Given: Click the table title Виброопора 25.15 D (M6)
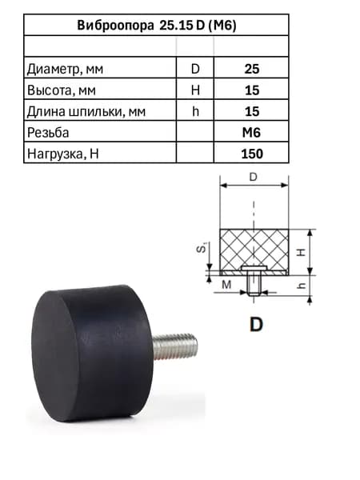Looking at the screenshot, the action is pos(157,25).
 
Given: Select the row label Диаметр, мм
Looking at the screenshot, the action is pos(65,69).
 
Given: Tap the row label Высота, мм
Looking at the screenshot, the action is pos(62,90).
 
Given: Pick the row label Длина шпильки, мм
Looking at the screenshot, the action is pos(86,111).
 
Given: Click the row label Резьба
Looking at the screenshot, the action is pos(48,133).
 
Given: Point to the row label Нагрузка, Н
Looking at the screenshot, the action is pos(62,154).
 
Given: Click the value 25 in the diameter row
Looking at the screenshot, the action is pos(252,69).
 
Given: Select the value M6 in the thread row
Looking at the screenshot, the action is pos(251,133).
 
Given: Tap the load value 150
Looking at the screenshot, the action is pos(252,154).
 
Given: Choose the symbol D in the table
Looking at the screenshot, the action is pos(195,69).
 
